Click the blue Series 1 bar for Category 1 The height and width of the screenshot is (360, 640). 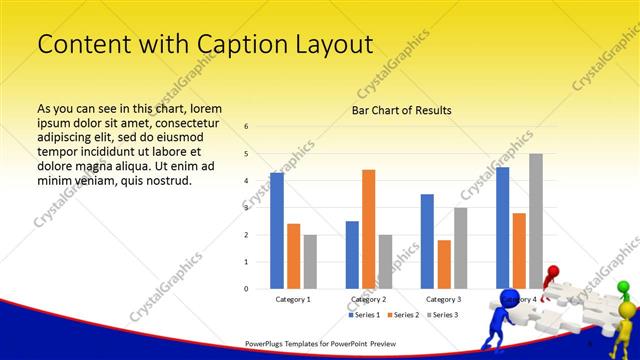277,231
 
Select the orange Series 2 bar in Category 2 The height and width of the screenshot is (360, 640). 368,229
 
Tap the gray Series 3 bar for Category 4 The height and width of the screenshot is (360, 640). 536,221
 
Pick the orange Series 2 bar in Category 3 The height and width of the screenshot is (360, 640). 444,264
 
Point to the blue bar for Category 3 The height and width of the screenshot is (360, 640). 427,241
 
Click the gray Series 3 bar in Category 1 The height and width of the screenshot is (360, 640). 310,262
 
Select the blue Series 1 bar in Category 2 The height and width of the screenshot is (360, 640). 352,255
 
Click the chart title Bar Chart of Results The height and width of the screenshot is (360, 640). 401,110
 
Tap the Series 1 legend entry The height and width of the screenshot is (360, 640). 364,315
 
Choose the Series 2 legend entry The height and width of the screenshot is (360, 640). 403,315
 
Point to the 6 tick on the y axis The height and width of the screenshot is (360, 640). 246,127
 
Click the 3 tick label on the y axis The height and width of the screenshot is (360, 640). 246,208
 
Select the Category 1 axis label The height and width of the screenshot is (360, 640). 293,299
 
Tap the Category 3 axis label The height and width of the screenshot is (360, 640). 444,299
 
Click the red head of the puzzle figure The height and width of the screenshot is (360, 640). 552,270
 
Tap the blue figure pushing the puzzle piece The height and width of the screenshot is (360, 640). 511,318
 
